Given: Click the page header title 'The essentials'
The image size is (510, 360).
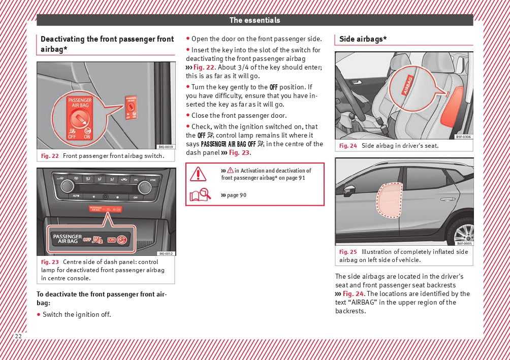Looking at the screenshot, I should pyautogui.click(x=254, y=20).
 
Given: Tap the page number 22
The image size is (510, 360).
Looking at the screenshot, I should pyautogui.click(x=18, y=337).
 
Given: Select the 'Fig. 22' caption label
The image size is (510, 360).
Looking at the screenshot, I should pyautogui.click(x=50, y=155).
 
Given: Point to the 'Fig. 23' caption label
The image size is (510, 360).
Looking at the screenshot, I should pyautogui.click(x=50, y=262).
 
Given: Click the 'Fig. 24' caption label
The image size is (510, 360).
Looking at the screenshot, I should pyautogui.click(x=348, y=146).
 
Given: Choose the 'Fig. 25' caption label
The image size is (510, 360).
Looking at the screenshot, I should pyautogui.click(x=348, y=252).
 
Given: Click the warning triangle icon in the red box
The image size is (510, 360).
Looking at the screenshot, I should pyautogui.click(x=198, y=174).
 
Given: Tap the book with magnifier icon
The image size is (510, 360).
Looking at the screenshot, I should pyautogui.click(x=200, y=195).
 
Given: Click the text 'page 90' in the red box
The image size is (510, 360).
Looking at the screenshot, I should pyautogui.click(x=236, y=195).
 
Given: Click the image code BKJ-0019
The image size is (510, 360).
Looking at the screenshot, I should pyautogui.click(x=166, y=147).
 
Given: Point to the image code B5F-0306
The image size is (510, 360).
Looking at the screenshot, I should pyautogui.click(x=463, y=137).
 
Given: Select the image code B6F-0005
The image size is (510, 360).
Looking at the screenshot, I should pyautogui.click(x=464, y=243).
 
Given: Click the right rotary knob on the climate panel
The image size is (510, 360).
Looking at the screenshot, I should pyautogui.click(x=145, y=186).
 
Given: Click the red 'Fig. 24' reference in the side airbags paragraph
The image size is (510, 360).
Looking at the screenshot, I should pyautogui.click(x=354, y=294).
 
